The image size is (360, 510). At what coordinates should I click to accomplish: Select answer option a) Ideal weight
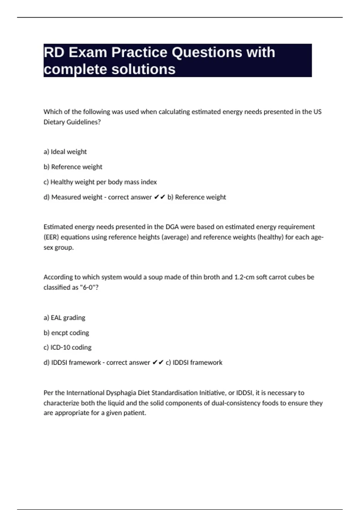pos(65,152)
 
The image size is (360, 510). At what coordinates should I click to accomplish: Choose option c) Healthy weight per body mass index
pos(100,182)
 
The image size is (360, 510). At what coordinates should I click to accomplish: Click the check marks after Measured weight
pos(159,197)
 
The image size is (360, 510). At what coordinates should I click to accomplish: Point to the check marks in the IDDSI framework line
pos(158,362)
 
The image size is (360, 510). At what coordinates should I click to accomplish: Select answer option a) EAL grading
pos(64,318)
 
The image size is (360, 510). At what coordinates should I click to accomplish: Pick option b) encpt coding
pos(66,333)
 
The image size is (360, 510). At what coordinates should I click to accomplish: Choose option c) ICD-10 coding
pos(67,347)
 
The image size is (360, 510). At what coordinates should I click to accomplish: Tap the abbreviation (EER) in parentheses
pos(52,237)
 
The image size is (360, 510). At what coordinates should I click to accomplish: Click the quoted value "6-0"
pos(88,287)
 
